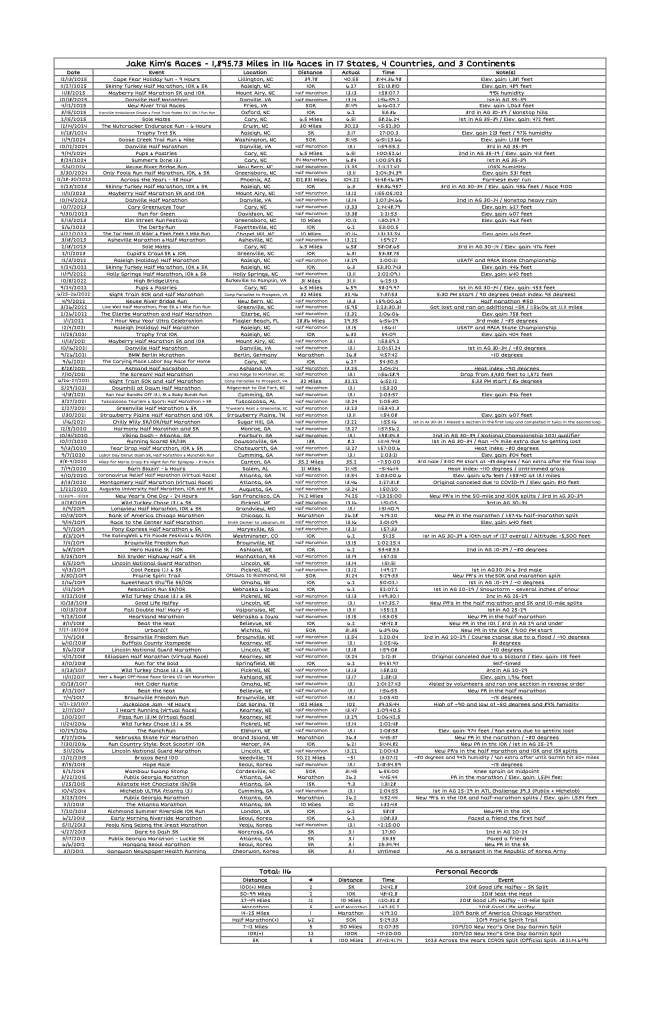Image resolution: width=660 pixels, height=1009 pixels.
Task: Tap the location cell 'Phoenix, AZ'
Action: click(x=255, y=180)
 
